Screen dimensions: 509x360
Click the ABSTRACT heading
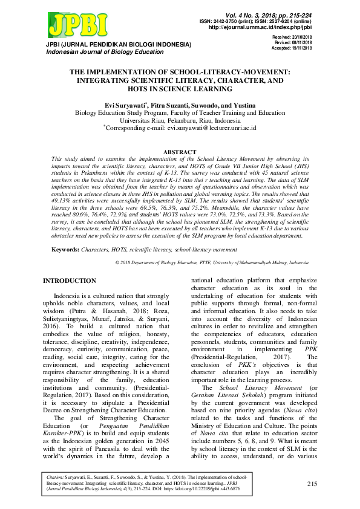tap(180, 152)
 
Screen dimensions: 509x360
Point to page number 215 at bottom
tap(312, 484)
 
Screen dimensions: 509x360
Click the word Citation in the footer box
tap(56, 477)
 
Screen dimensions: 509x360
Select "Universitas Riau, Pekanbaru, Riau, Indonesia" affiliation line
tap(180, 120)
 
